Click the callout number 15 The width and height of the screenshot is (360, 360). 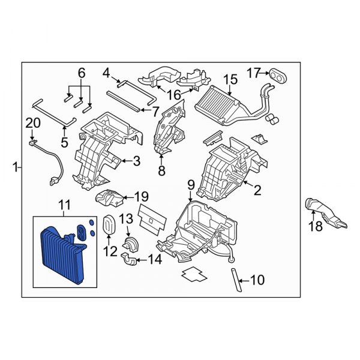click(x=230, y=79)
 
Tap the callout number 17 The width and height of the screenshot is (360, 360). click(x=254, y=73)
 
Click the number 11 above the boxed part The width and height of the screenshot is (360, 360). click(x=64, y=208)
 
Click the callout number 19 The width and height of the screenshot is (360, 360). click(x=141, y=196)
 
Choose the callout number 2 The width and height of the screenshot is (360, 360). click(x=257, y=191)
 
